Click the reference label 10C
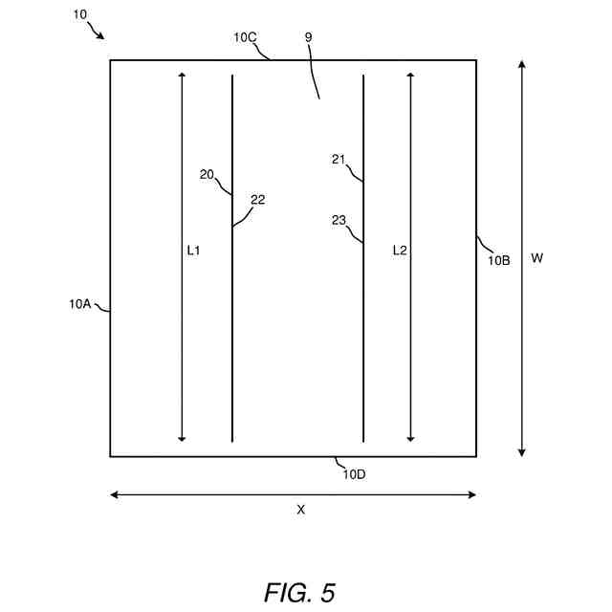(x=245, y=37)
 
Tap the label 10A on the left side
(x=79, y=304)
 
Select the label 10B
(x=499, y=259)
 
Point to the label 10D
(x=354, y=474)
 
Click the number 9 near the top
(x=308, y=37)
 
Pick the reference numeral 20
(x=207, y=174)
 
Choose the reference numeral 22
(x=257, y=200)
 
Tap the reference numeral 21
(x=339, y=160)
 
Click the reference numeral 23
(x=339, y=220)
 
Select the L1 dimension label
(x=193, y=251)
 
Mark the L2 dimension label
(x=400, y=251)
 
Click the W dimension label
(x=536, y=258)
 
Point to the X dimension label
(x=300, y=510)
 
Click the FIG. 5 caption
(x=299, y=592)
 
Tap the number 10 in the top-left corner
(x=78, y=15)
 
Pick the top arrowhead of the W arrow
(x=521, y=63)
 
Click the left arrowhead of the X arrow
(x=114, y=494)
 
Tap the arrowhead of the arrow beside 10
(x=101, y=36)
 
